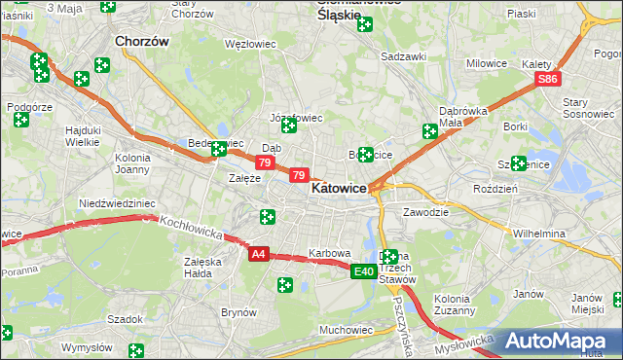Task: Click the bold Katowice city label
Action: point(338,190)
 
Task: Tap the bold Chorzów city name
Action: point(142,42)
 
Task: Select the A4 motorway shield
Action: point(258,254)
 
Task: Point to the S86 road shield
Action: point(549,79)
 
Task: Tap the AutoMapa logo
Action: point(560,342)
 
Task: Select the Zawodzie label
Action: point(425,211)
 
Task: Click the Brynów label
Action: point(238,312)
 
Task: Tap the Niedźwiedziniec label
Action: point(117,203)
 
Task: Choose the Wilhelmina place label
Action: point(539,234)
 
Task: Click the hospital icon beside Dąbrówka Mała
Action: point(429,131)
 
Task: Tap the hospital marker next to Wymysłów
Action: point(136,348)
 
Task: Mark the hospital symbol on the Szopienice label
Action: point(518,163)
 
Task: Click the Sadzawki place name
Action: point(404,56)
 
